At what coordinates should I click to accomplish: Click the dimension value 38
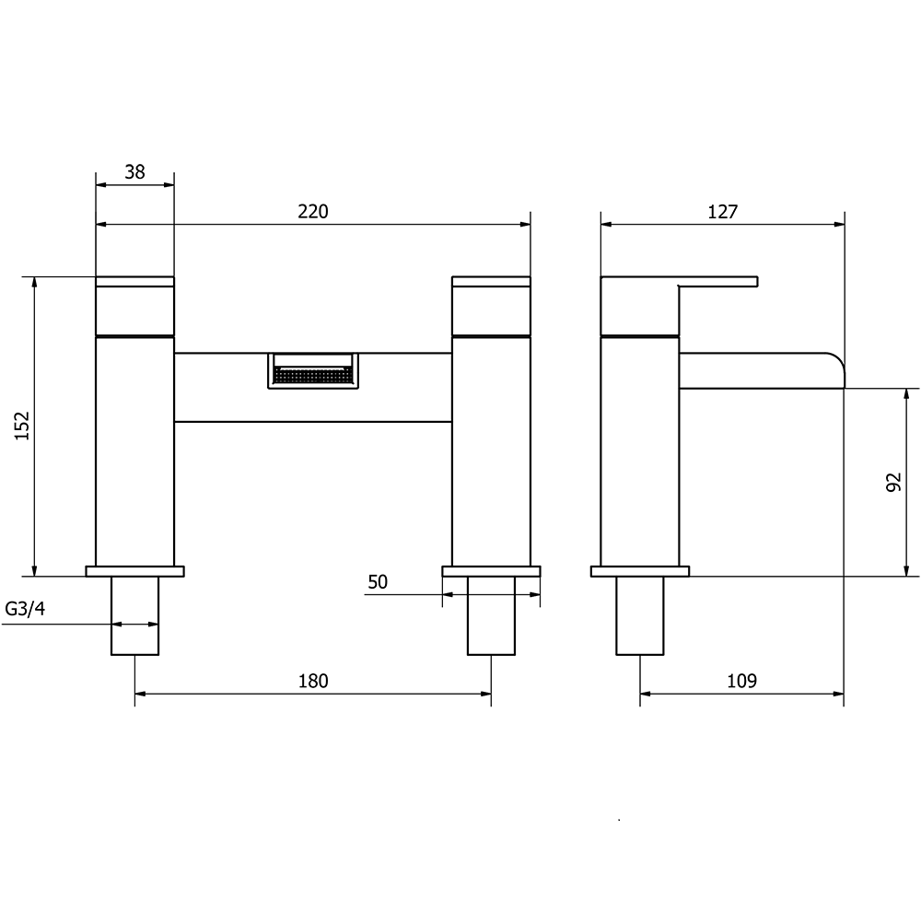pyautogui.click(x=134, y=171)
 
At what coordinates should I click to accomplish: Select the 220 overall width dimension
pyautogui.click(x=313, y=211)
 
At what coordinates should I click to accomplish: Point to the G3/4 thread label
pyautogui.click(x=25, y=609)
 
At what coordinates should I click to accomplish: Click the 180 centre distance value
pyautogui.click(x=313, y=681)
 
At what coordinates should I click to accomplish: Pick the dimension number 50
pyautogui.click(x=378, y=581)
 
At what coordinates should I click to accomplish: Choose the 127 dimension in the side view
pyautogui.click(x=723, y=211)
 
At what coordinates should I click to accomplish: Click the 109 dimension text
pyautogui.click(x=741, y=681)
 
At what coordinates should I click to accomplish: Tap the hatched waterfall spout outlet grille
pyautogui.click(x=312, y=376)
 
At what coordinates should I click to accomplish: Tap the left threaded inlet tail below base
pyautogui.click(x=135, y=615)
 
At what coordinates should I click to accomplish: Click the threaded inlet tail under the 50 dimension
pyautogui.click(x=491, y=615)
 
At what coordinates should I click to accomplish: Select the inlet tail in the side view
pyautogui.click(x=640, y=615)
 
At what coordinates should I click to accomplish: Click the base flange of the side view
pyautogui.click(x=640, y=571)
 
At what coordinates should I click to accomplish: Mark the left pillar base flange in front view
pyautogui.click(x=135, y=571)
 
